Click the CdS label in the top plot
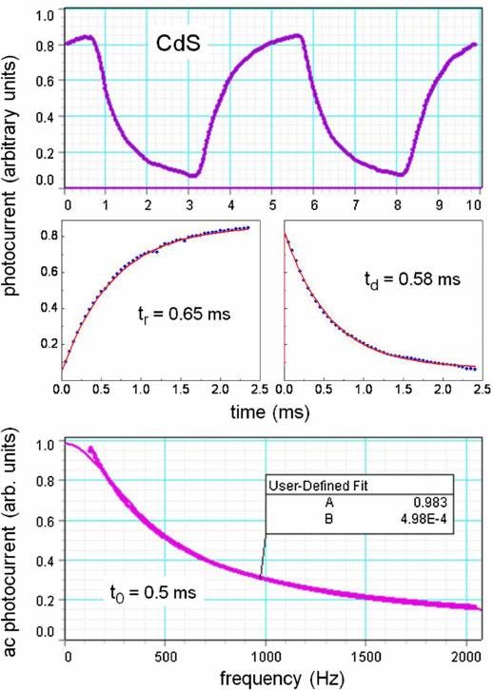pyautogui.click(x=182, y=43)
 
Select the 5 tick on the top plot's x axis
pyautogui.click(x=273, y=203)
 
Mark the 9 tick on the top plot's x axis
pyautogui.click(x=437, y=203)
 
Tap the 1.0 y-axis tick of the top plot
pyautogui.click(x=45, y=16)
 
